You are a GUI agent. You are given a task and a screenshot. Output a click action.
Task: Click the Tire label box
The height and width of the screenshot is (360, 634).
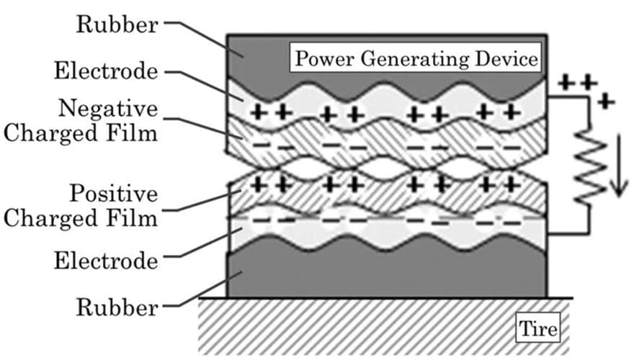click(x=537, y=328)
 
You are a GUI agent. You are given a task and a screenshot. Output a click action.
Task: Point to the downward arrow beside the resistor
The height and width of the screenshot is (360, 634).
click(x=619, y=166)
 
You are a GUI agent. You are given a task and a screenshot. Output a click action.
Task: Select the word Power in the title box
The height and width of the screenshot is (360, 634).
click(x=325, y=58)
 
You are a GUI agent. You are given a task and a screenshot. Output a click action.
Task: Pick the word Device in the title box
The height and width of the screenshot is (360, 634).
click(x=506, y=58)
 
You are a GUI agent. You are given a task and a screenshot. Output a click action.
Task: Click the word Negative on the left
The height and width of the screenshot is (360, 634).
click(x=108, y=109)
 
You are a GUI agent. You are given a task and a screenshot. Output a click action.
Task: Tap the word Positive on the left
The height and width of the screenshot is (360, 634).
click(x=114, y=193)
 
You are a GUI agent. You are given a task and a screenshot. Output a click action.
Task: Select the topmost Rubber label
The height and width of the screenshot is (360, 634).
click(x=117, y=24)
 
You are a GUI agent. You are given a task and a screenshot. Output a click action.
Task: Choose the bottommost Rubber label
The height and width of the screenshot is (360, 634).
click(x=117, y=307)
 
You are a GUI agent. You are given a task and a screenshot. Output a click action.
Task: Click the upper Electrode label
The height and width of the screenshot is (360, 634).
click(x=106, y=71)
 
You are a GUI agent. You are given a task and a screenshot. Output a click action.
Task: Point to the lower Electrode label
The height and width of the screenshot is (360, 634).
click(x=106, y=261)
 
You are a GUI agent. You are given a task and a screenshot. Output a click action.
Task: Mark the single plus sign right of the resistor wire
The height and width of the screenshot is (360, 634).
click(x=606, y=101)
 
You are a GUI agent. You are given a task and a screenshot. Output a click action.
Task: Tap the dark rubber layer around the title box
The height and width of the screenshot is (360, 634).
click(x=259, y=60)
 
